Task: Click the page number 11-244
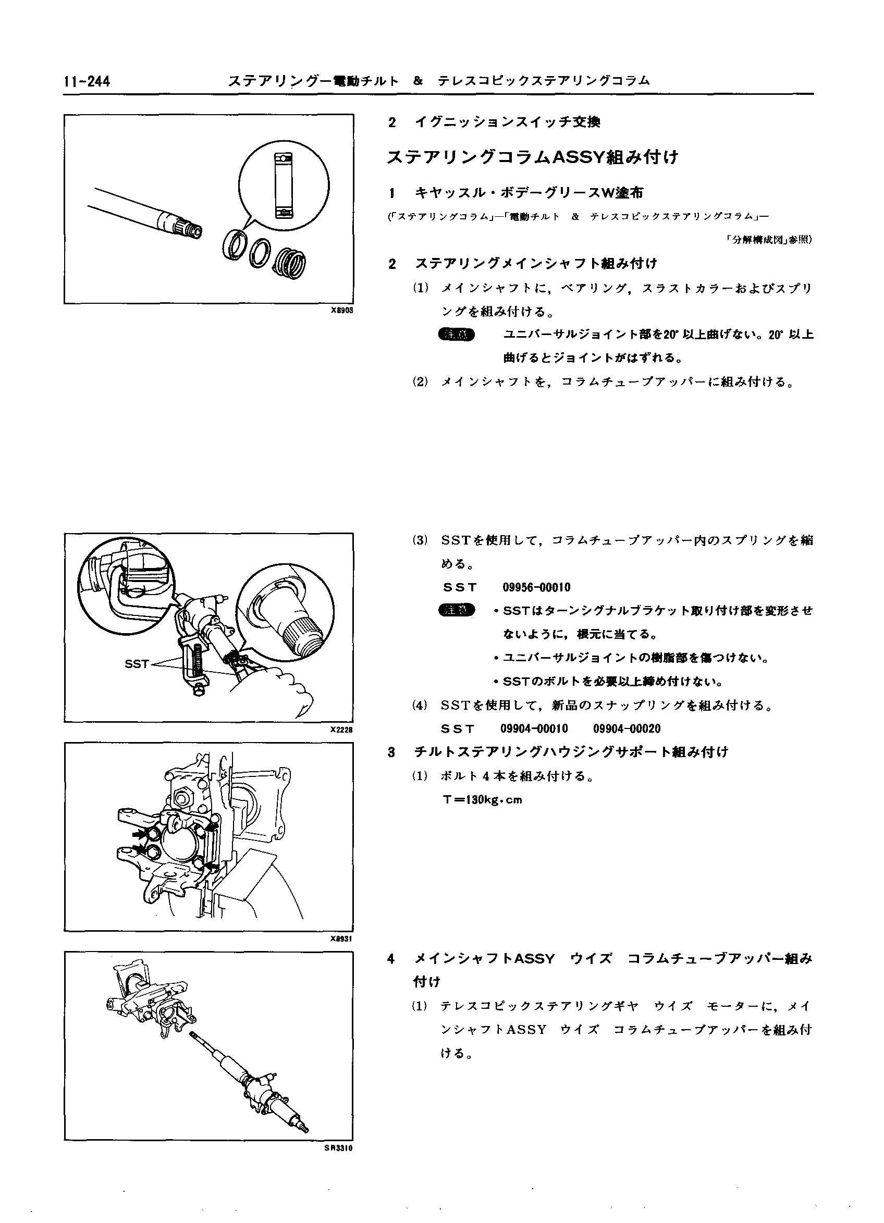tap(87, 81)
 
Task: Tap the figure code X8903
tap(341, 311)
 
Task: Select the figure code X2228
tap(341, 730)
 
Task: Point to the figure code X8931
tap(341, 939)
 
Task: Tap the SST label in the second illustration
tap(137, 664)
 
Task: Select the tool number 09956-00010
tap(536, 587)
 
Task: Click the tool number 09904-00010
tap(534, 729)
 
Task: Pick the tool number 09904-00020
tap(627, 729)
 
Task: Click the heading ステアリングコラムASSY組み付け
tap(532, 157)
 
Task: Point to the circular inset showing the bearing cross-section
tap(284, 186)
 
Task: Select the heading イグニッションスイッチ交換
tap(507, 122)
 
